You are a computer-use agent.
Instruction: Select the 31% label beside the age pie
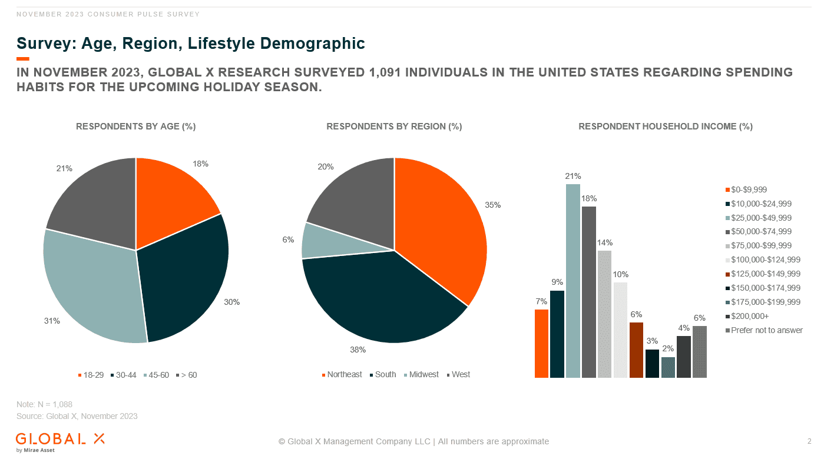tap(52, 321)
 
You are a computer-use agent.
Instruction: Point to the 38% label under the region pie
tap(358, 350)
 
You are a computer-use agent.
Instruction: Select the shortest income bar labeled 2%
tap(668, 367)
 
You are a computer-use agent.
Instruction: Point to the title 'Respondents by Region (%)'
tap(394, 127)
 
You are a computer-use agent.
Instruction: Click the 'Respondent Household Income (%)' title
tap(666, 127)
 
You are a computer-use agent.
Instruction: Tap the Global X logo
tap(60, 441)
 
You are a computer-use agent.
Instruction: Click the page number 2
tap(809, 441)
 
